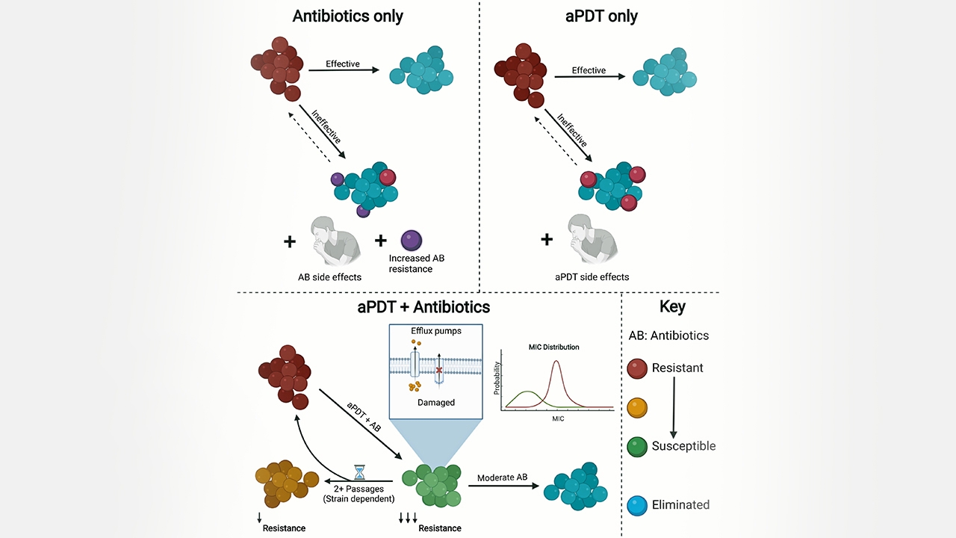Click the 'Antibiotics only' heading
pyautogui.click(x=348, y=16)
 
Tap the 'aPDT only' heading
pyautogui.click(x=601, y=16)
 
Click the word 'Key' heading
pyautogui.click(x=672, y=306)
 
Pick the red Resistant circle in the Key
pyautogui.click(x=637, y=368)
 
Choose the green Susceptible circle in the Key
pyautogui.click(x=637, y=446)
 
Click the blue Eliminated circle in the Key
pyautogui.click(x=637, y=504)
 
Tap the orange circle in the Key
pyautogui.click(x=637, y=407)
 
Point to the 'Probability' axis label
pyautogui.click(x=497, y=379)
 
